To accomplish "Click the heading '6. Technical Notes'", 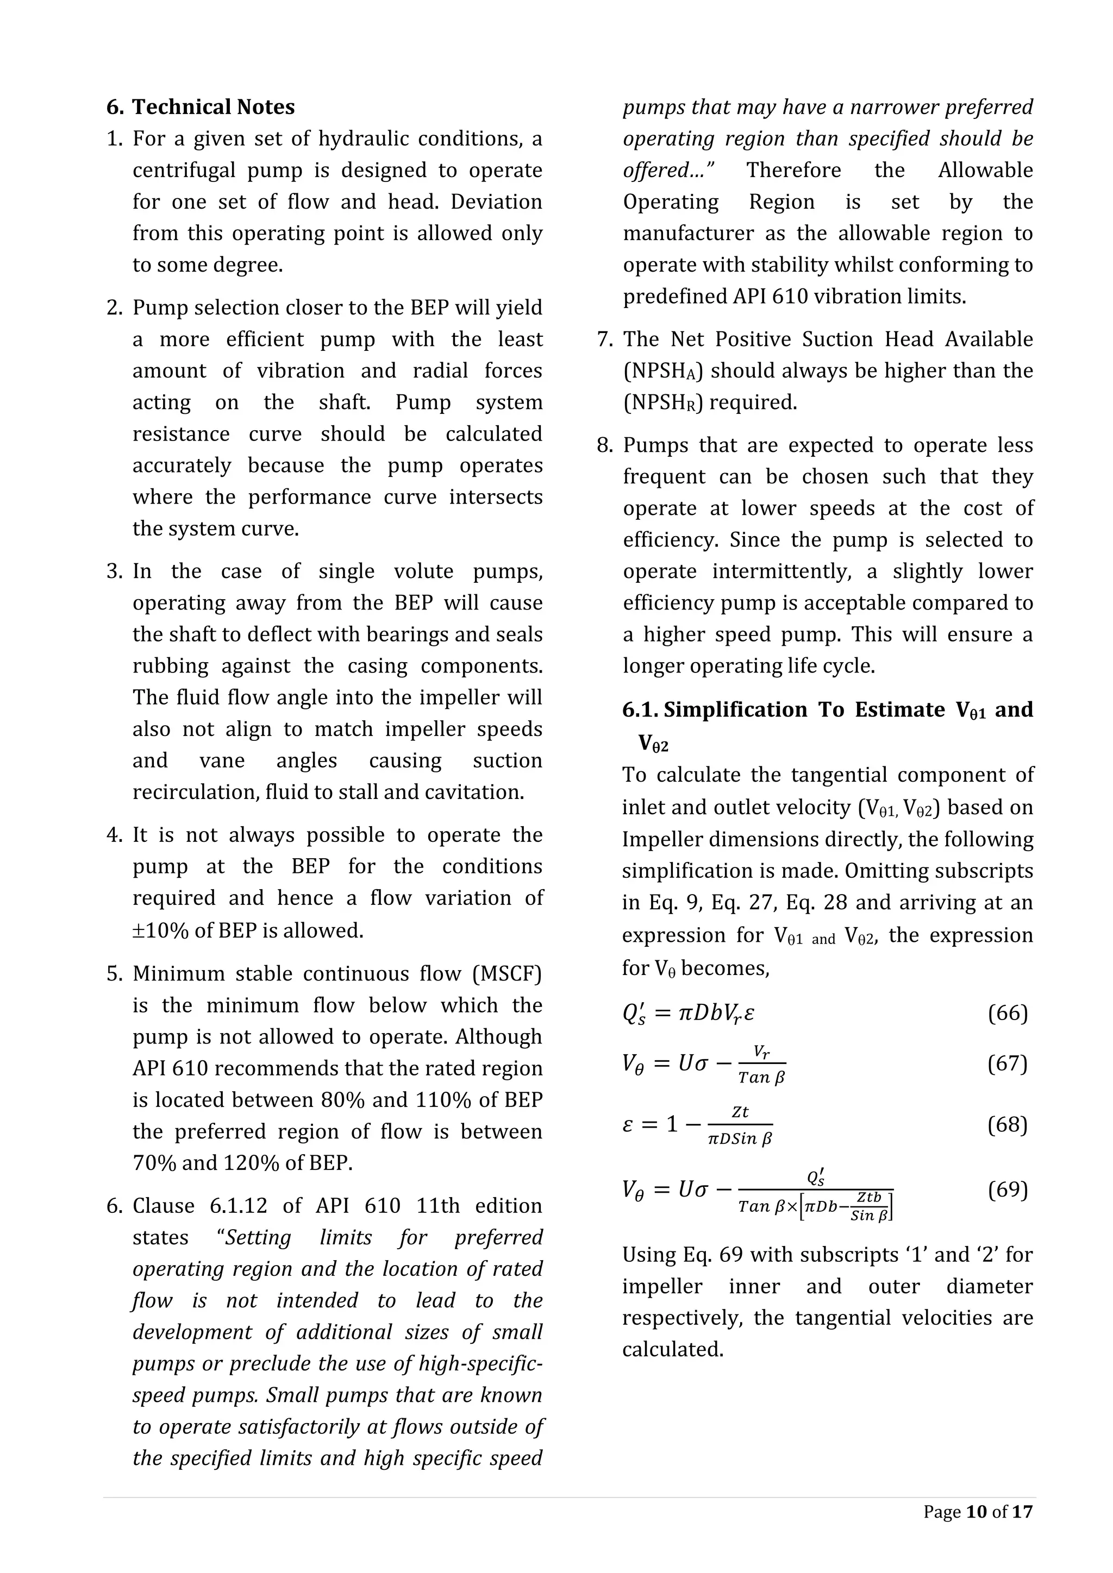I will (x=200, y=107).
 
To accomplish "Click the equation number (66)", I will (x=1008, y=1012).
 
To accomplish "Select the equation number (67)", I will (x=1008, y=1064).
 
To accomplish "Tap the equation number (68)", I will (x=1008, y=1124).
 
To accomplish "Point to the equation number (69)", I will (x=1008, y=1190).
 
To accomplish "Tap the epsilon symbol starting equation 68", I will (x=628, y=1124).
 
